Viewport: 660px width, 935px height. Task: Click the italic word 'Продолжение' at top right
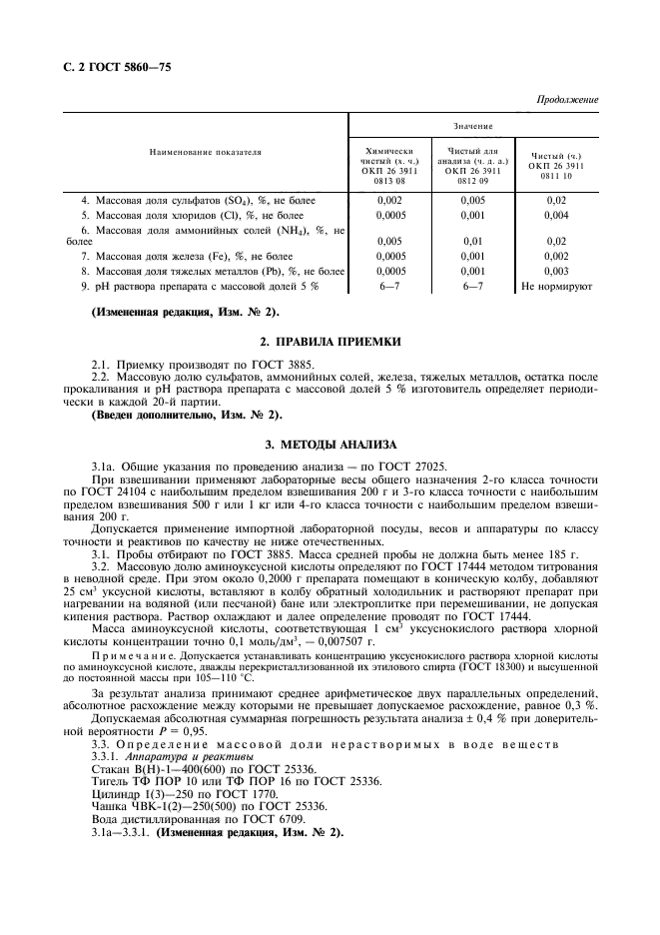(x=567, y=101)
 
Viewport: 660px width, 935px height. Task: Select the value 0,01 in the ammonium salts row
(x=472, y=241)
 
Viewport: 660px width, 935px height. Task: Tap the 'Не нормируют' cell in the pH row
(x=557, y=286)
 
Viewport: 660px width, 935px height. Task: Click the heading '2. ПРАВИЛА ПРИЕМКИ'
(x=330, y=341)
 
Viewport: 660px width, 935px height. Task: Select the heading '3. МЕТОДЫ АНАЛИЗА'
(x=330, y=443)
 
